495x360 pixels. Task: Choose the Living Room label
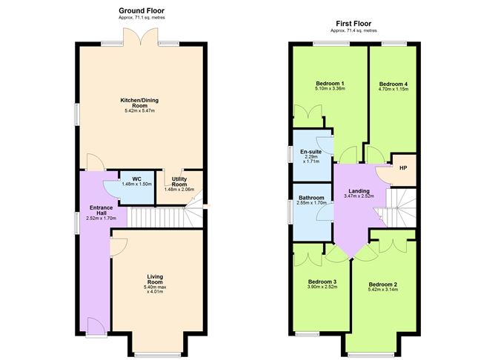click(x=154, y=279)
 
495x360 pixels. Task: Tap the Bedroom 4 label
click(x=393, y=84)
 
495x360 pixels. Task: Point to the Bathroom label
click(x=311, y=198)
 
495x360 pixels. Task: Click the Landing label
click(x=359, y=190)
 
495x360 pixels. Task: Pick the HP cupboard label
click(x=402, y=167)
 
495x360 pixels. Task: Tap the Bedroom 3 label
click(x=322, y=282)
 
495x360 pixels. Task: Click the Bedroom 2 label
click(x=383, y=284)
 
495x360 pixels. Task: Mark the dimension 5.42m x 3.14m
click(x=383, y=290)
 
